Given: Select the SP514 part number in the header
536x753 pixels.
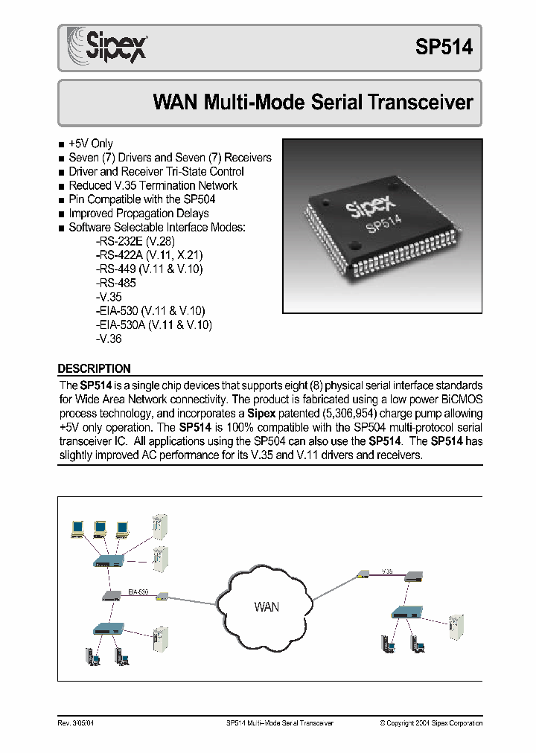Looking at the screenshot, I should click(443, 47).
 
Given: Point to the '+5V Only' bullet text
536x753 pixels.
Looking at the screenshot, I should click(91, 144).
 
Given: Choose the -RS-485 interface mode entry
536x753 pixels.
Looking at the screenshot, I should click(116, 283).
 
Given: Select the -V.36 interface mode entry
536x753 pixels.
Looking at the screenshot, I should click(109, 339).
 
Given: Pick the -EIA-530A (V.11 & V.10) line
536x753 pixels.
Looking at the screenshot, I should click(154, 325).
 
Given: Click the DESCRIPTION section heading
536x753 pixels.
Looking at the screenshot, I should click(95, 368).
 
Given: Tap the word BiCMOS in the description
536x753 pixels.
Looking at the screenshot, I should click(459, 400).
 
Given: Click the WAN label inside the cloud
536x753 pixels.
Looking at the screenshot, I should click(266, 606).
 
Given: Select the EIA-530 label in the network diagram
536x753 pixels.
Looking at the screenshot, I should click(138, 592).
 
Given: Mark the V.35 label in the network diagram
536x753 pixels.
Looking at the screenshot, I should click(387, 571).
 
